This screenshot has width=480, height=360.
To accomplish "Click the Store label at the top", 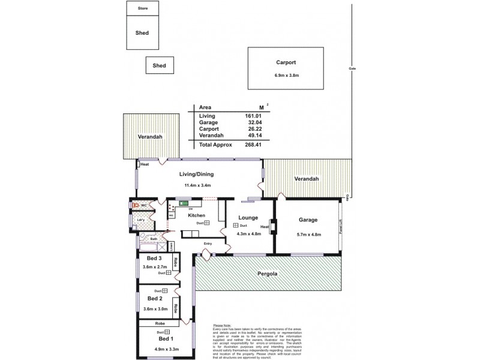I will click(142, 8).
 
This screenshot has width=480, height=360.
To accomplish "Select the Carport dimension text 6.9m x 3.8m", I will click(286, 75).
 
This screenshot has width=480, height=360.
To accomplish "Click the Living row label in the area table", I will click(206, 115).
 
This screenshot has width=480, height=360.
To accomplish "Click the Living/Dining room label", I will click(197, 175).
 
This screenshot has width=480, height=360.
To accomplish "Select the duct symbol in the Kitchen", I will click(206, 223).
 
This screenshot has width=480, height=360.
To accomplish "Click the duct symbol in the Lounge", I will click(236, 226).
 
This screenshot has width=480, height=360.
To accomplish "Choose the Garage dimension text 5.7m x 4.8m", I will click(308, 233).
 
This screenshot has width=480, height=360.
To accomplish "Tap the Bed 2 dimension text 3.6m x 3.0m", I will click(155, 308).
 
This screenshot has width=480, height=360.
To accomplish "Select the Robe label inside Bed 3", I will click(175, 263).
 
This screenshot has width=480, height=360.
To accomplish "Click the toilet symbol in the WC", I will click(136, 205).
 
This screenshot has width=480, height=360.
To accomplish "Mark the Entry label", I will click(208, 243).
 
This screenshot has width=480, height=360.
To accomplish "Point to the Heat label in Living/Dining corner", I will click(145, 164).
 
